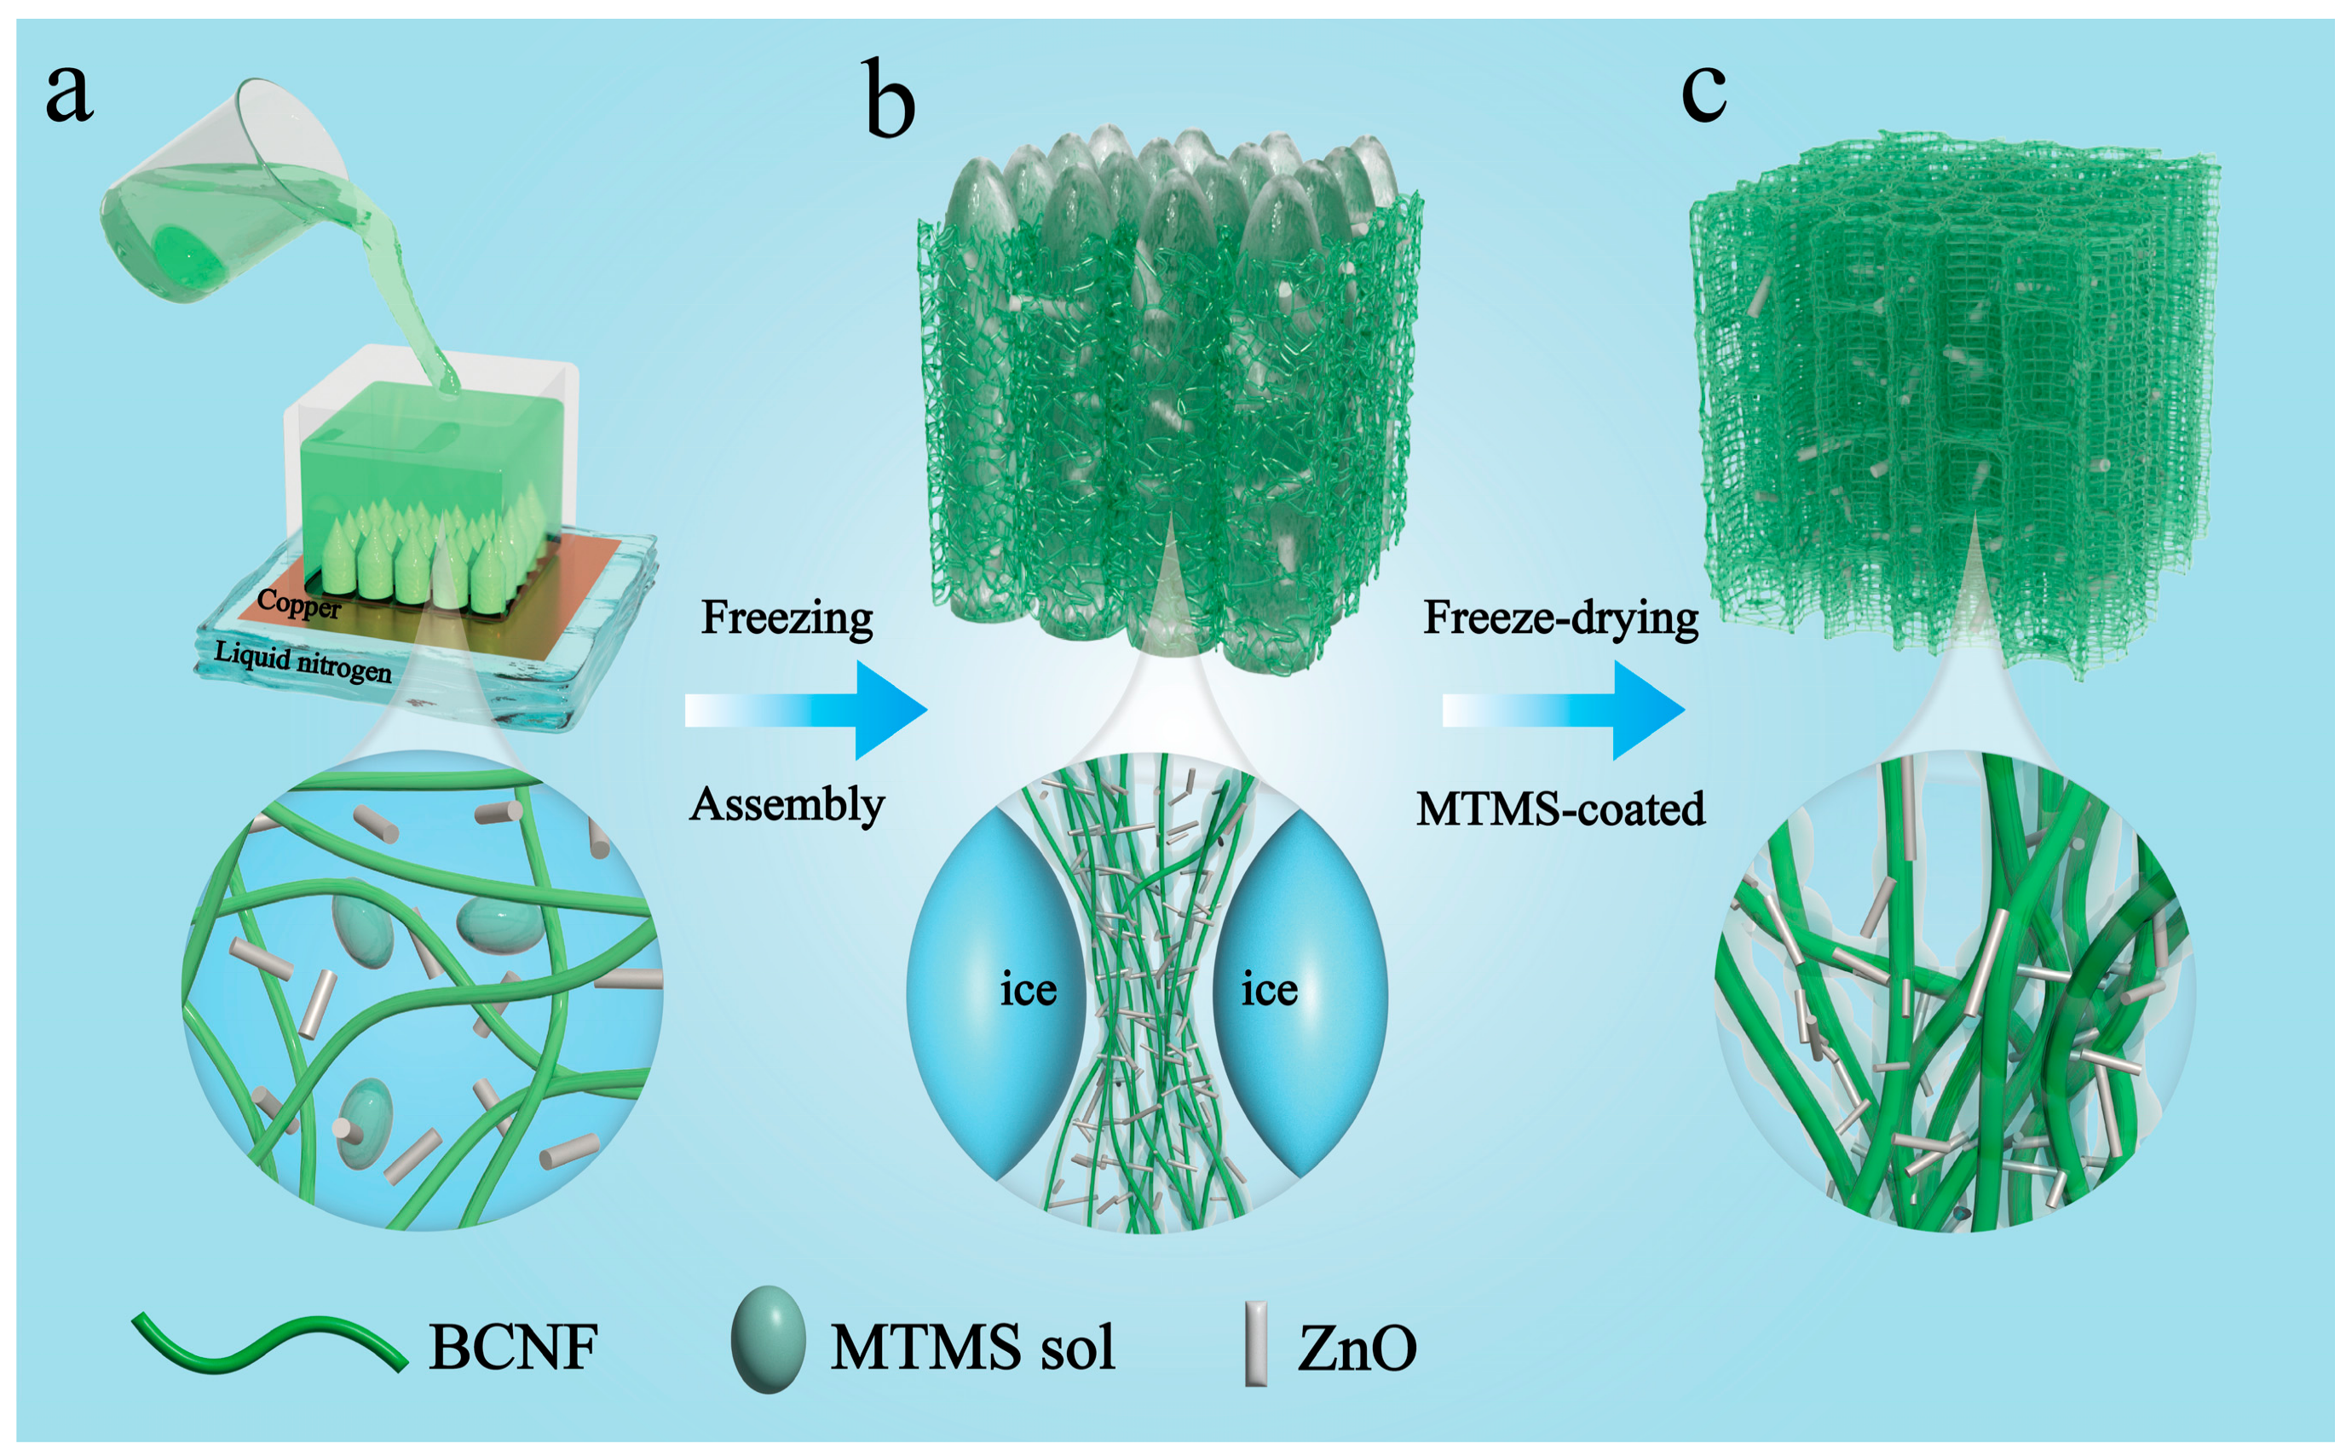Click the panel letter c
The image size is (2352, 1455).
tap(1703, 94)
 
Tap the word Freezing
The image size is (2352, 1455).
tap(787, 618)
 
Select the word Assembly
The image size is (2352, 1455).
tap(787, 804)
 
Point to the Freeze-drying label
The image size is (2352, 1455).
tap(1560, 618)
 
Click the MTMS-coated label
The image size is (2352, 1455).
tap(1560, 808)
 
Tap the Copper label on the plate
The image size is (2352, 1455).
tap(298, 604)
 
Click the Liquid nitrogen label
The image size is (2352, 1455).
tap(303, 661)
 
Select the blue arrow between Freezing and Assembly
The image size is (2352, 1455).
tap(806, 710)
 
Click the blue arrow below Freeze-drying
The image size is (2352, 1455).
tap(1563, 710)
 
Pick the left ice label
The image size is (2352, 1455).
tap(1028, 989)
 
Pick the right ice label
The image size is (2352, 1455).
tap(1268, 989)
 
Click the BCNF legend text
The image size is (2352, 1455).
tap(513, 1346)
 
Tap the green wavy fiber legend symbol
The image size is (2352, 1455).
tap(269, 1343)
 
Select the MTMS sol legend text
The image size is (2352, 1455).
tap(972, 1346)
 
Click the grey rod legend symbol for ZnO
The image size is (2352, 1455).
tap(1255, 1343)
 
